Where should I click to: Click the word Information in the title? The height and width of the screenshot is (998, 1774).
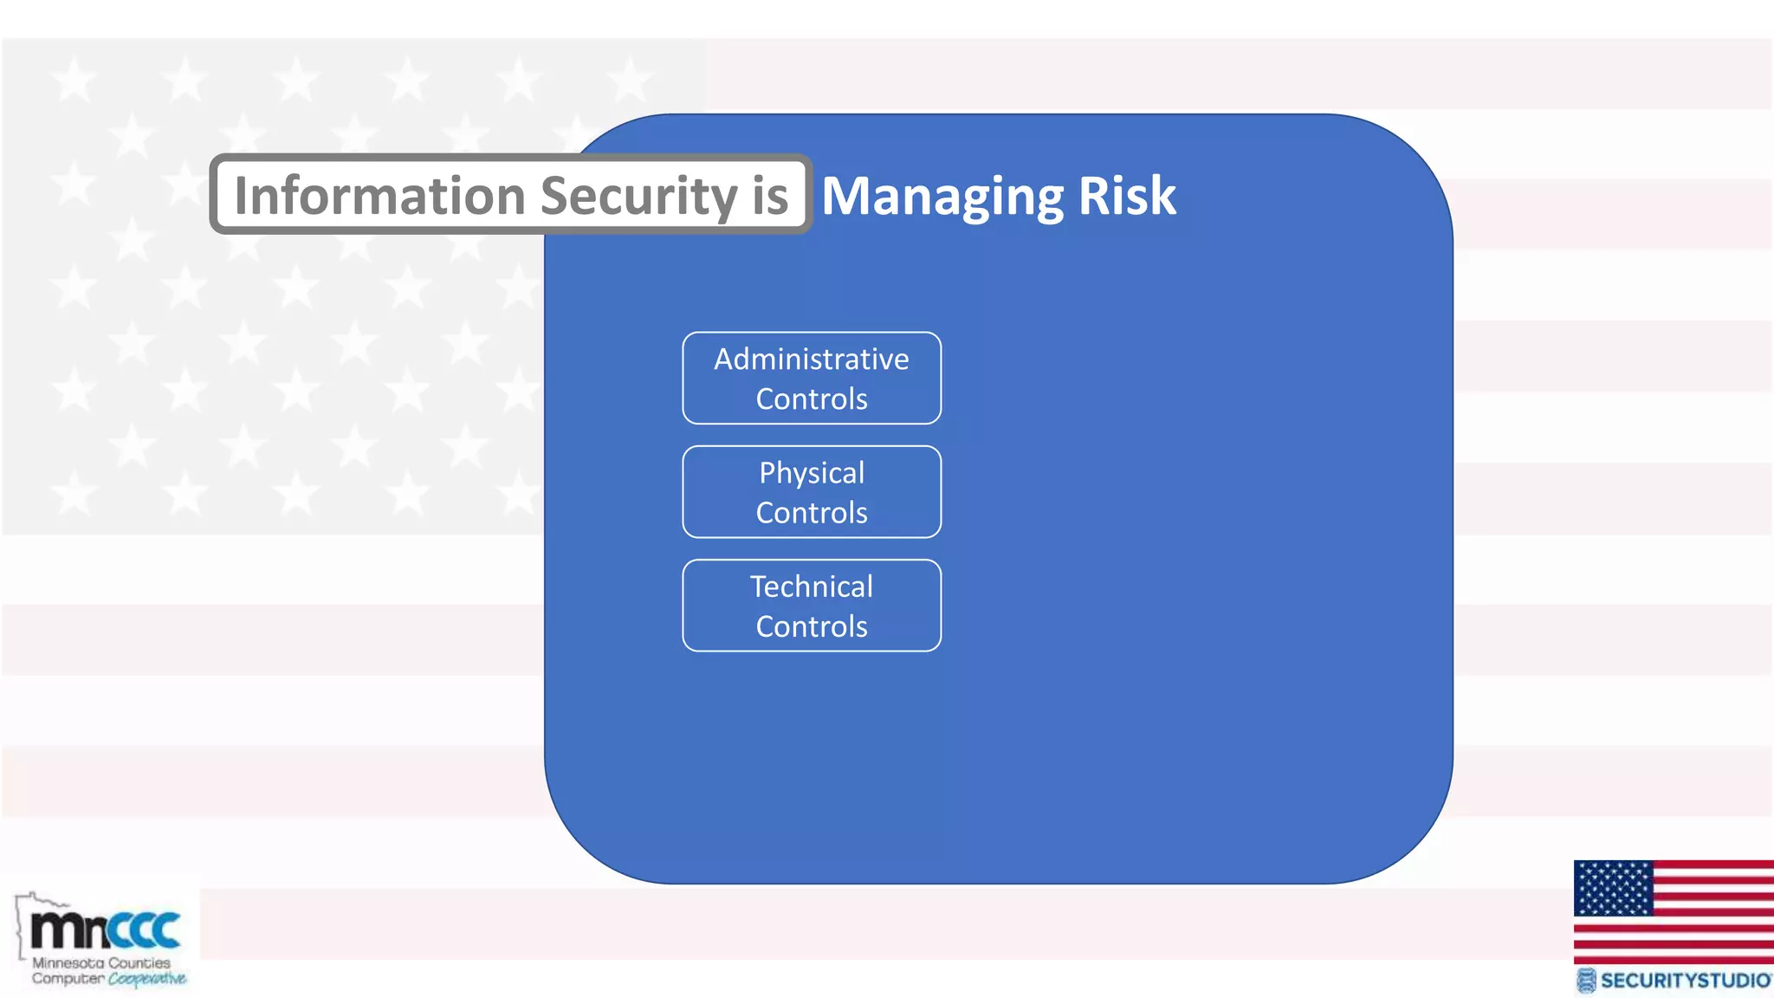coord(379,195)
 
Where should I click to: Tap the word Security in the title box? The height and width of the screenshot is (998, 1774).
coord(638,195)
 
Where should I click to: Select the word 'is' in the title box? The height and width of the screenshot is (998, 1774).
coord(770,195)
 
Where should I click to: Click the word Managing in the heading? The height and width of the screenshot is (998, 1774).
coord(942,197)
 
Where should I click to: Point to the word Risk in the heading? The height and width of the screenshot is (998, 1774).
coord(1127,195)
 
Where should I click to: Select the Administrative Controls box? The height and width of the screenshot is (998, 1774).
coord(812,379)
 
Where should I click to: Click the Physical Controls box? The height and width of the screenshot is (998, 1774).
coord(812,492)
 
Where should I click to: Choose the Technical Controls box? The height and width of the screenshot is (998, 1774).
coord(812,606)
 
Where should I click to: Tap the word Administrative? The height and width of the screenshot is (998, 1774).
coord(812,359)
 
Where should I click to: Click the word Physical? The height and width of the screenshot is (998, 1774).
coord(812,473)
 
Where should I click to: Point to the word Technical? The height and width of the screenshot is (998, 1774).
coord(812,586)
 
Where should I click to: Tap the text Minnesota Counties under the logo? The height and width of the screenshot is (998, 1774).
coord(101,962)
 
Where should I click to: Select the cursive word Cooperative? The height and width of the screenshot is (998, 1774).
coord(147,979)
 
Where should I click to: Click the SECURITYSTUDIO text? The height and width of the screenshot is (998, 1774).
coord(1684,981)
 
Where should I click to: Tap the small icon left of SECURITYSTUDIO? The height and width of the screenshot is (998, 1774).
coord(1585,981)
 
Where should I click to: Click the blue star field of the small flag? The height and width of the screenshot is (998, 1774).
coord(1613,888)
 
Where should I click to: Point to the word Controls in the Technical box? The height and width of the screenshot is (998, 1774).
coord(812,626)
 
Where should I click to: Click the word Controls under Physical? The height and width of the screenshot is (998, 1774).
coord(812,513)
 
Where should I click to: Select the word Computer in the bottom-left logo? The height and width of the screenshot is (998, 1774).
coord(68,979)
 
